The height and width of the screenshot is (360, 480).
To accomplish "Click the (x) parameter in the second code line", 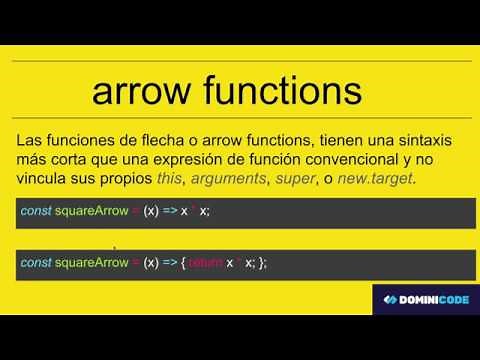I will (152, 262).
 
